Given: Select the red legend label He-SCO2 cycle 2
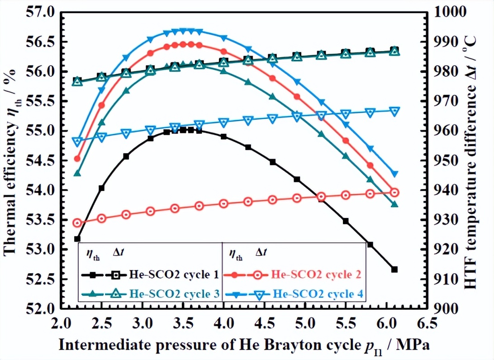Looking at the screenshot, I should [316, 274].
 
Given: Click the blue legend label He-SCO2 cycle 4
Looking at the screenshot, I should [318, 294].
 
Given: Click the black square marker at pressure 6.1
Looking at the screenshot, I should [394, 269].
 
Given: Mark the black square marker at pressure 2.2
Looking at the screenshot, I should [77, 239].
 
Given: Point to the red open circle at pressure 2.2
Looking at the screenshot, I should [77, 223].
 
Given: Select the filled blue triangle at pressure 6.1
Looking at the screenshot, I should [394, 174].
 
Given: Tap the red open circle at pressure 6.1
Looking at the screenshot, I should [394, 193].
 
